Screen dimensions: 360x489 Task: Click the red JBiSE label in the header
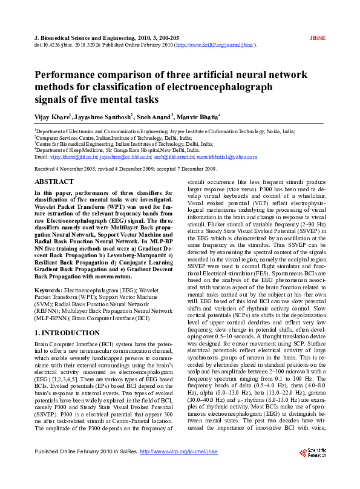tap(318, 37)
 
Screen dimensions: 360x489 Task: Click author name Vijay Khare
tap(51, 116)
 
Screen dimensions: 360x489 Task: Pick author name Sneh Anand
tap(154, 116)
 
